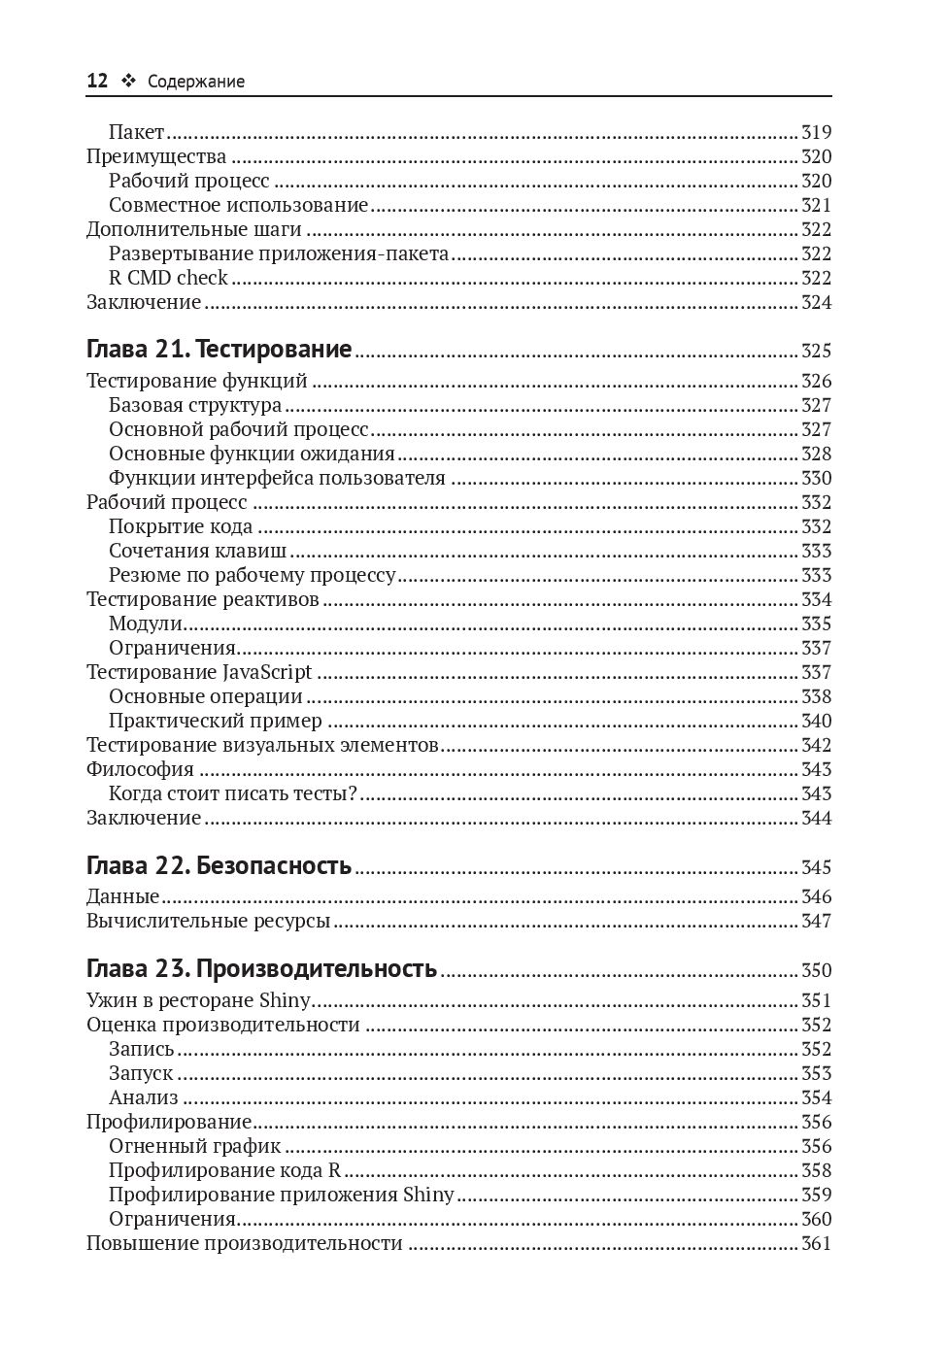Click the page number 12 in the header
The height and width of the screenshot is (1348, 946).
97,82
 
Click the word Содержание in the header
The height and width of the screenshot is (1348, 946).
196,83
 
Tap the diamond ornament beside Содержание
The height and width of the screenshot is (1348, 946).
127,82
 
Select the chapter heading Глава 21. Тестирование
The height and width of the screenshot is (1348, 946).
219,350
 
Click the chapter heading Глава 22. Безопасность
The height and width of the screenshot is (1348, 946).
219,865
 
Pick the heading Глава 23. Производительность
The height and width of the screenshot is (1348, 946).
261,968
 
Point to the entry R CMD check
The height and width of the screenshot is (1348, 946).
168,278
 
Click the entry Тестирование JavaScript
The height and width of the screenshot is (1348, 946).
199,672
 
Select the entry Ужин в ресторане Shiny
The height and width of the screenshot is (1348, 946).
198,1000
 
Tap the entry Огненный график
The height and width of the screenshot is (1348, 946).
194,1146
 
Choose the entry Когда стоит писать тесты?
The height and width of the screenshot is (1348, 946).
233,793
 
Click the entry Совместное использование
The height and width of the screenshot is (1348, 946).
238,205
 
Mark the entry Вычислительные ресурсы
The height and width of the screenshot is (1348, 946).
208,921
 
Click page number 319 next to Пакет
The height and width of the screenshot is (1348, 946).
816,132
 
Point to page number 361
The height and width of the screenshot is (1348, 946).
816,1243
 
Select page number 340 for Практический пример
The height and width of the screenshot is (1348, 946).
816,721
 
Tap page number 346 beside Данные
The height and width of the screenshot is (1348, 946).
816,896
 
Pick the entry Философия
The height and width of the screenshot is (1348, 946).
140,769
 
